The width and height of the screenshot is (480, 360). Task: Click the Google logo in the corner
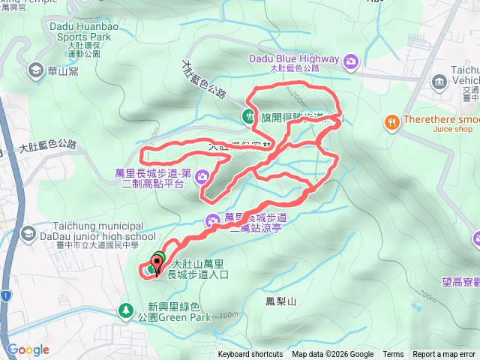point(28,349)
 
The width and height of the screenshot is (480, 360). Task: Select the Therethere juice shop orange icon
point(391,121)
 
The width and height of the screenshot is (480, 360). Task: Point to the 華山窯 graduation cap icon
point(34,70)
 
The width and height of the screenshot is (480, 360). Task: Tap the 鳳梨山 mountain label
point(281,301)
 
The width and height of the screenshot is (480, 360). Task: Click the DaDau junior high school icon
point(28,234)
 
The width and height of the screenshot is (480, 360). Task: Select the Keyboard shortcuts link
point(250,355)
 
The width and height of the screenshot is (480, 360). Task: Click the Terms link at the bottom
point(393,355)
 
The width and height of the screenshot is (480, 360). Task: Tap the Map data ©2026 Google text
point(332,355)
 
